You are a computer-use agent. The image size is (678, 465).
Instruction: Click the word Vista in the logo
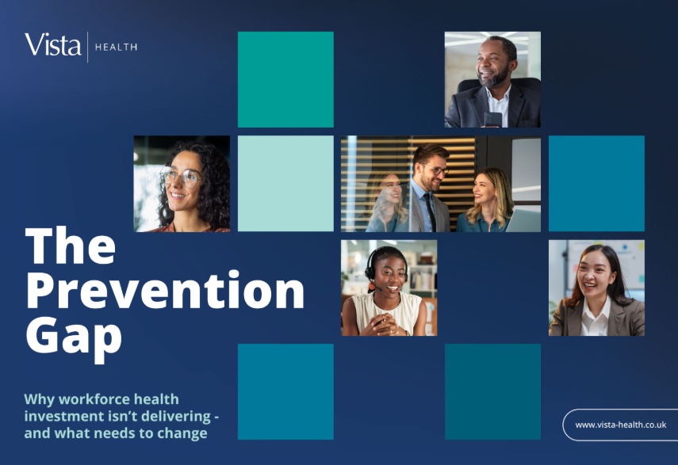53,44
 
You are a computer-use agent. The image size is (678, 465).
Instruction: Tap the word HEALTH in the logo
116,47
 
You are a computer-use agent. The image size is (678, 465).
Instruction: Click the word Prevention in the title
165,290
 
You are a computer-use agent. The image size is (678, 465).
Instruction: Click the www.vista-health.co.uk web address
620,425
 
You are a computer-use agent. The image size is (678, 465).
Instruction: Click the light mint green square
285,184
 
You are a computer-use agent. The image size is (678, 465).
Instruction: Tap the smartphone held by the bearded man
493,119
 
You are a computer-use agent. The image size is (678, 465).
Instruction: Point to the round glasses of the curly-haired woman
181,176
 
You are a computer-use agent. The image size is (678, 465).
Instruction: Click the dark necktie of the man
431,212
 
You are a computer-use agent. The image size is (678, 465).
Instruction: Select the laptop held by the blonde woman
523,220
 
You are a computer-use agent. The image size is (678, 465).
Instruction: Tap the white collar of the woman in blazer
596,317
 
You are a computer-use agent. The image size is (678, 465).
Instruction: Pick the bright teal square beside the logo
285,79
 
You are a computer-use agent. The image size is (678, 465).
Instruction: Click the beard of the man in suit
495,78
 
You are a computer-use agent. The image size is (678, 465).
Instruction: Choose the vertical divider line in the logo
88,47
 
